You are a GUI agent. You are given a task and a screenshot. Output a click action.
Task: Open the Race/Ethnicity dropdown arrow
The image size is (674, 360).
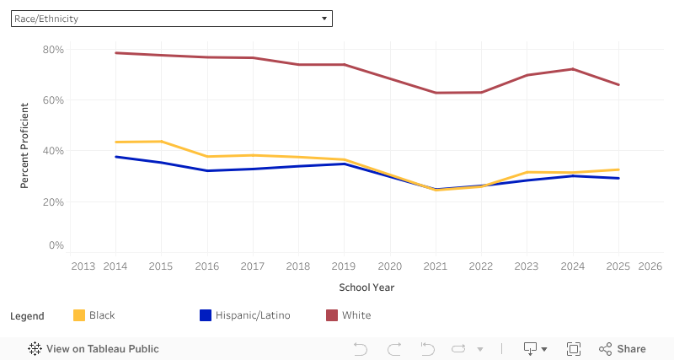[x=324, y=19]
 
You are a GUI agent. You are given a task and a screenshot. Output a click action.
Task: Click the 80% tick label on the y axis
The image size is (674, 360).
[x=53, y=50]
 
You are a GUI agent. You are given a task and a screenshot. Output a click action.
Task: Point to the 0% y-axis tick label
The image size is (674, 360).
[x=56, y=245]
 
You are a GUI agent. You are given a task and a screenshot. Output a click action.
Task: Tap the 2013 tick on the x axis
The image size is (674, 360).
[x=83, y=266]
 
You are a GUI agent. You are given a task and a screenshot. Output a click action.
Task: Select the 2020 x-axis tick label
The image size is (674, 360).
[x=389, y=266]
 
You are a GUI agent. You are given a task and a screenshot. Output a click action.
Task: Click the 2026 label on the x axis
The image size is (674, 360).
[x=650, y=266]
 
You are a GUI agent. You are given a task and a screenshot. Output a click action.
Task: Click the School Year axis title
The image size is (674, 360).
[x=366, y=287]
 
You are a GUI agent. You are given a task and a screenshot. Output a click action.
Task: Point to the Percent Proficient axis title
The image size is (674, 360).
[x=25, y=145]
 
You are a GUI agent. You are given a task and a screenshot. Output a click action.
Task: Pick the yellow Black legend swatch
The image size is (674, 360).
[x=80, y=315]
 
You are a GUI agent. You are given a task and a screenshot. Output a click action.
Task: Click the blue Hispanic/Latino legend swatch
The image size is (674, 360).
[x=205, y=315]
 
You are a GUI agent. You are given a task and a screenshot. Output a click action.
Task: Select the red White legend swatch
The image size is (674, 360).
[x=332, y=315]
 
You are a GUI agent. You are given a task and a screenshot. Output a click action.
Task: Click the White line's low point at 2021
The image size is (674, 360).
[x=435, y=93]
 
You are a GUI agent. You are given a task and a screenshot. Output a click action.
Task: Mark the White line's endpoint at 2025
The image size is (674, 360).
[x=618, y=84]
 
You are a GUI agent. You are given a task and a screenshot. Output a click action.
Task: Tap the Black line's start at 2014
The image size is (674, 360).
[x=115, y=142]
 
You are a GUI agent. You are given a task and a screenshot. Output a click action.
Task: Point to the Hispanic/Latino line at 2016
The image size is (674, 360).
[x=207, y=171]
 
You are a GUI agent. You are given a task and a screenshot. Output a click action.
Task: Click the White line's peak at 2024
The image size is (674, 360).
[x=573, y=69]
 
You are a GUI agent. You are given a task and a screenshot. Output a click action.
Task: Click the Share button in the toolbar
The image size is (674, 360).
[x=623, y=349]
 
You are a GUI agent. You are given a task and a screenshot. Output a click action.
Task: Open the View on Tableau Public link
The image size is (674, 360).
[x=94, y=349]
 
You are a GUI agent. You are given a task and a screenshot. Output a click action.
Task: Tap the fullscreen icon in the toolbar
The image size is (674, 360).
[x=574, y=349]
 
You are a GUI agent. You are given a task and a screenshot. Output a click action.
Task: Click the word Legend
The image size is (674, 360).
[x=27, y=316]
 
